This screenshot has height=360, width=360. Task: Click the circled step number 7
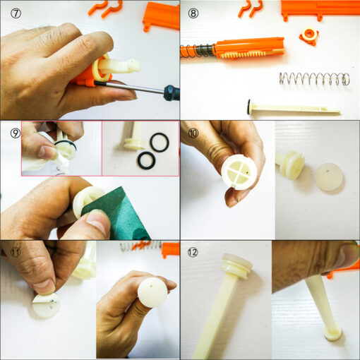[16, 13]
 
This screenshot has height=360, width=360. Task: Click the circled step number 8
[193, 13]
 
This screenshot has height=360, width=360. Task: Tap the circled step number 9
[16, 133]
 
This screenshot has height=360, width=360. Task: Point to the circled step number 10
[193, 133]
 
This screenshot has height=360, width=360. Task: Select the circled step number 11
[16, 253]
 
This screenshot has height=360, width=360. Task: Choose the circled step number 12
[193, 253]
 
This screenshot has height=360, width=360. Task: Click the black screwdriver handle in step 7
[172, 92]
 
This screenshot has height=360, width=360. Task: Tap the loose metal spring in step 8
[314, 79]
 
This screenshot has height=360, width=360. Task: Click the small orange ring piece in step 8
[308, 36]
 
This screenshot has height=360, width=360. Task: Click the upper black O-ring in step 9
[160, 143]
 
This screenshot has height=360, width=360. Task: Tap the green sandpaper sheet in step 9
[120, 214]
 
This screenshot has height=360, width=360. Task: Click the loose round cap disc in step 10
[329, 177]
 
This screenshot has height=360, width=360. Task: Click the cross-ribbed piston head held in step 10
[239, 172]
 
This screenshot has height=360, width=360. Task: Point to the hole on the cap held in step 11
[151, 286]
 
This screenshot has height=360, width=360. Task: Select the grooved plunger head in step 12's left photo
[237, 266]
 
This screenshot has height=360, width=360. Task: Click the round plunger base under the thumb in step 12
[332, 332]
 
